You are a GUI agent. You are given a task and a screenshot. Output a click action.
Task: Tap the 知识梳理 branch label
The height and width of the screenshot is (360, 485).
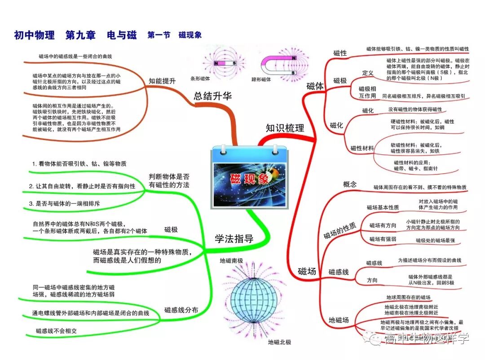[x=284, y=128]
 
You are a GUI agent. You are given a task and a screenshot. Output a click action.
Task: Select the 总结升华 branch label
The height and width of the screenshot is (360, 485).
[x=212, y=96]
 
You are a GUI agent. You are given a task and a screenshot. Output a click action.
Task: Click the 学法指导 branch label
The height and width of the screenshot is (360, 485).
[x=234, y=239]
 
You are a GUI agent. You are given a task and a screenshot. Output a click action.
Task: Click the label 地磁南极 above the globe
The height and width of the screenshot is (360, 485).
[x=231, y=261]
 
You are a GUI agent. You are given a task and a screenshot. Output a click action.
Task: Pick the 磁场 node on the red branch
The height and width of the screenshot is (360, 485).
[x=307, y=271]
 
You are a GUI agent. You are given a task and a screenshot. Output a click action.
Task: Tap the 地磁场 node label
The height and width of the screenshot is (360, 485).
[x=339, y=320]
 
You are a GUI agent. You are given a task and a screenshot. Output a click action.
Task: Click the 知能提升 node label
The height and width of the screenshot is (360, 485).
[x=162, y=81]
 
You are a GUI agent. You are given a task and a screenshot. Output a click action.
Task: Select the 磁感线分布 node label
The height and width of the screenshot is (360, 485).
[x=181, y=310]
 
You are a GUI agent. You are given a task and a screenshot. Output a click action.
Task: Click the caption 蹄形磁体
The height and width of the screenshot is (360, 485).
[x=261, y=79]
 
